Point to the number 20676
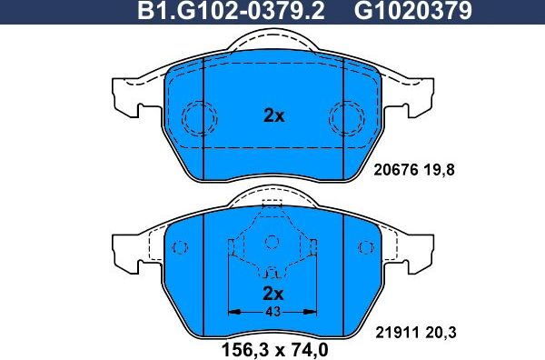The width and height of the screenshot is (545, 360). (395, 168)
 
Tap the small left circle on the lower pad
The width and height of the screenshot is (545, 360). (180, 247)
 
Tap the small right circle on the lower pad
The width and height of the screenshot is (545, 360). (365, 247)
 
